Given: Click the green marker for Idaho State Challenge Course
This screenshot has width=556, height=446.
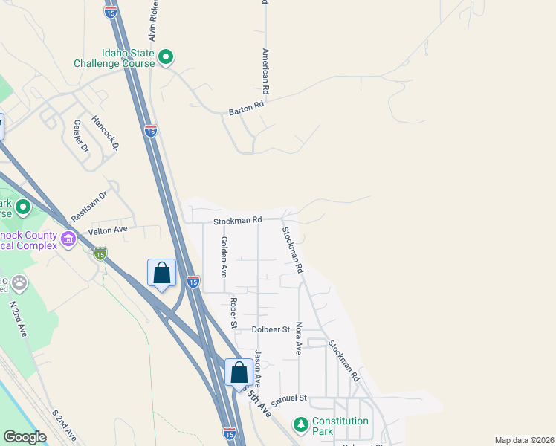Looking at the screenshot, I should click(167, 56).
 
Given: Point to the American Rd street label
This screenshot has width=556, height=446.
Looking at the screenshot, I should click(265, 71).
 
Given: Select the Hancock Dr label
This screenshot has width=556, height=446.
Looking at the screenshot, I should click(106, 132).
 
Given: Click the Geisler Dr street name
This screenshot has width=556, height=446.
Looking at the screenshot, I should click(81, 136).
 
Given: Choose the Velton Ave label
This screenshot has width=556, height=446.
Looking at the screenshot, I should click(108, 230).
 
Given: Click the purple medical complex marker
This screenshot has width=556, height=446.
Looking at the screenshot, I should click(69, 239).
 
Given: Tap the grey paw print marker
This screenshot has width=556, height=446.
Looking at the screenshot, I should click(19, 282).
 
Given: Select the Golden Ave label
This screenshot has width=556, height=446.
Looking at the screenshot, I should click(223, 256).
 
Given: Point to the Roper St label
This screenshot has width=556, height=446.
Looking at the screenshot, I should click(233, 313).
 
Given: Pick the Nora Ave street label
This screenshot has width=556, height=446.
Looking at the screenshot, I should click(299, 337).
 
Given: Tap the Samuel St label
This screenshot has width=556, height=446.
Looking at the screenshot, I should click(288, 401).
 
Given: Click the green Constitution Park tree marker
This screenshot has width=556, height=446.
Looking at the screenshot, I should click(300, 424).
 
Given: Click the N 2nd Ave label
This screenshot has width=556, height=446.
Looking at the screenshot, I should click(18, 320).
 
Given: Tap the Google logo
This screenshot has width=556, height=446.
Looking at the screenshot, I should click(25, 437).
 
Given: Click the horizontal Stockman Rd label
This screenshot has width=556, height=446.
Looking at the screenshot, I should click(238, 221).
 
